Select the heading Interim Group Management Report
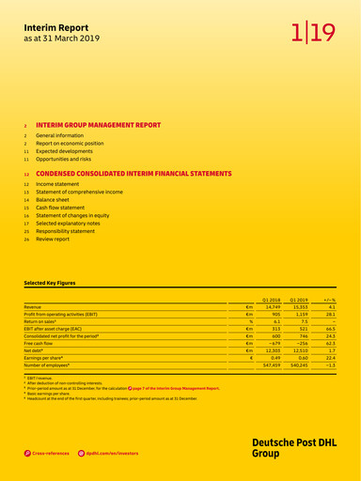coord(98,124)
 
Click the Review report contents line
coord(53,240)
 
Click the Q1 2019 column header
coord(300,300)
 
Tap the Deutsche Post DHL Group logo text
coord(291,447)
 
